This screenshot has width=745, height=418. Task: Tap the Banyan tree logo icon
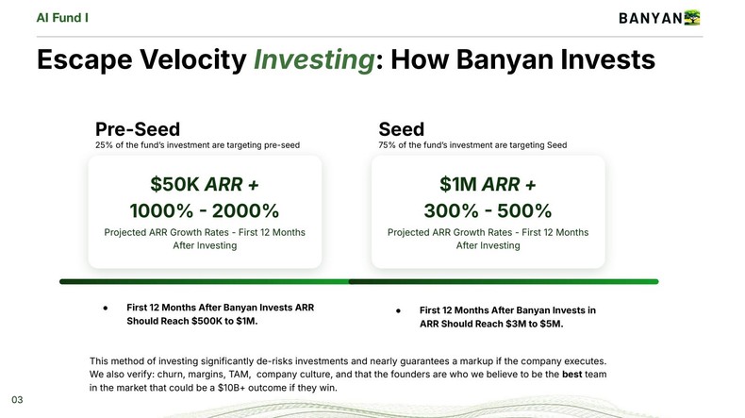(693, 17)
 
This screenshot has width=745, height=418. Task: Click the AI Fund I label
(64, 17)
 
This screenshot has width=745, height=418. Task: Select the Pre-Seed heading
(138, 129)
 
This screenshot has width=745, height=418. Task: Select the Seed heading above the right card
(401, 129)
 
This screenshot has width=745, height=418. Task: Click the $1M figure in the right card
(459, 183)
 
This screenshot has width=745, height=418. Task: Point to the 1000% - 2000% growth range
(204, 210)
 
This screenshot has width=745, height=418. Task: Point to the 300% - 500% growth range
(488, 210)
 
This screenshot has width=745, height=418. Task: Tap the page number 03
(17, 400)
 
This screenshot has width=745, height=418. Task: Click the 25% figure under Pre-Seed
(105, 145)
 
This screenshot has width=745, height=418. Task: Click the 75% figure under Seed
(388, 145)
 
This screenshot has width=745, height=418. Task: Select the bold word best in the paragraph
(572, 375)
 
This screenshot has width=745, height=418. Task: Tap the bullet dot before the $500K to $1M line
(105, 309)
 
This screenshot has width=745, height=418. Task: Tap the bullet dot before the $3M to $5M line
(398, 310)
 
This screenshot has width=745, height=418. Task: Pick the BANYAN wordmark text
(650, 18)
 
